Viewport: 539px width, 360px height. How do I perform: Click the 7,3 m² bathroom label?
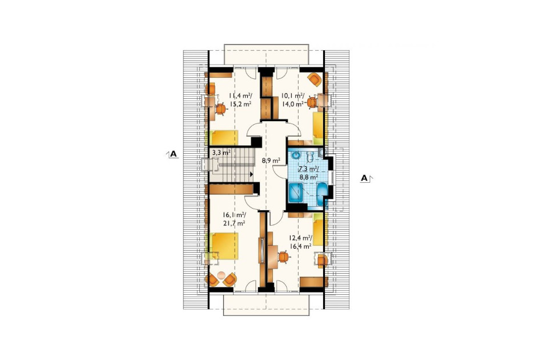pos(308,169)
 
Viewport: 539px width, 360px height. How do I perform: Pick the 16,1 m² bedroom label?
pos(234,215)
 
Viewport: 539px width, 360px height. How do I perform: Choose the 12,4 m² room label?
pos(300,238)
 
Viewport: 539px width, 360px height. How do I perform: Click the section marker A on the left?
pos(173,154)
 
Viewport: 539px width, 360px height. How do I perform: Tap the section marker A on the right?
pos(364,178)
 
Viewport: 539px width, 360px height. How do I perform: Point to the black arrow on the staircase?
pos(251,174)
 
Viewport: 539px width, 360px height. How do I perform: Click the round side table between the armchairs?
pos(222,275)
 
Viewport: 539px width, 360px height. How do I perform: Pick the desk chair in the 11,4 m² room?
pos(221,109)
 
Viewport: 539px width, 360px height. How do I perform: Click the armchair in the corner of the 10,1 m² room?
pos(315,79)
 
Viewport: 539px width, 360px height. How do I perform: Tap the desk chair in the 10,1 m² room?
pos(312,102)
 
